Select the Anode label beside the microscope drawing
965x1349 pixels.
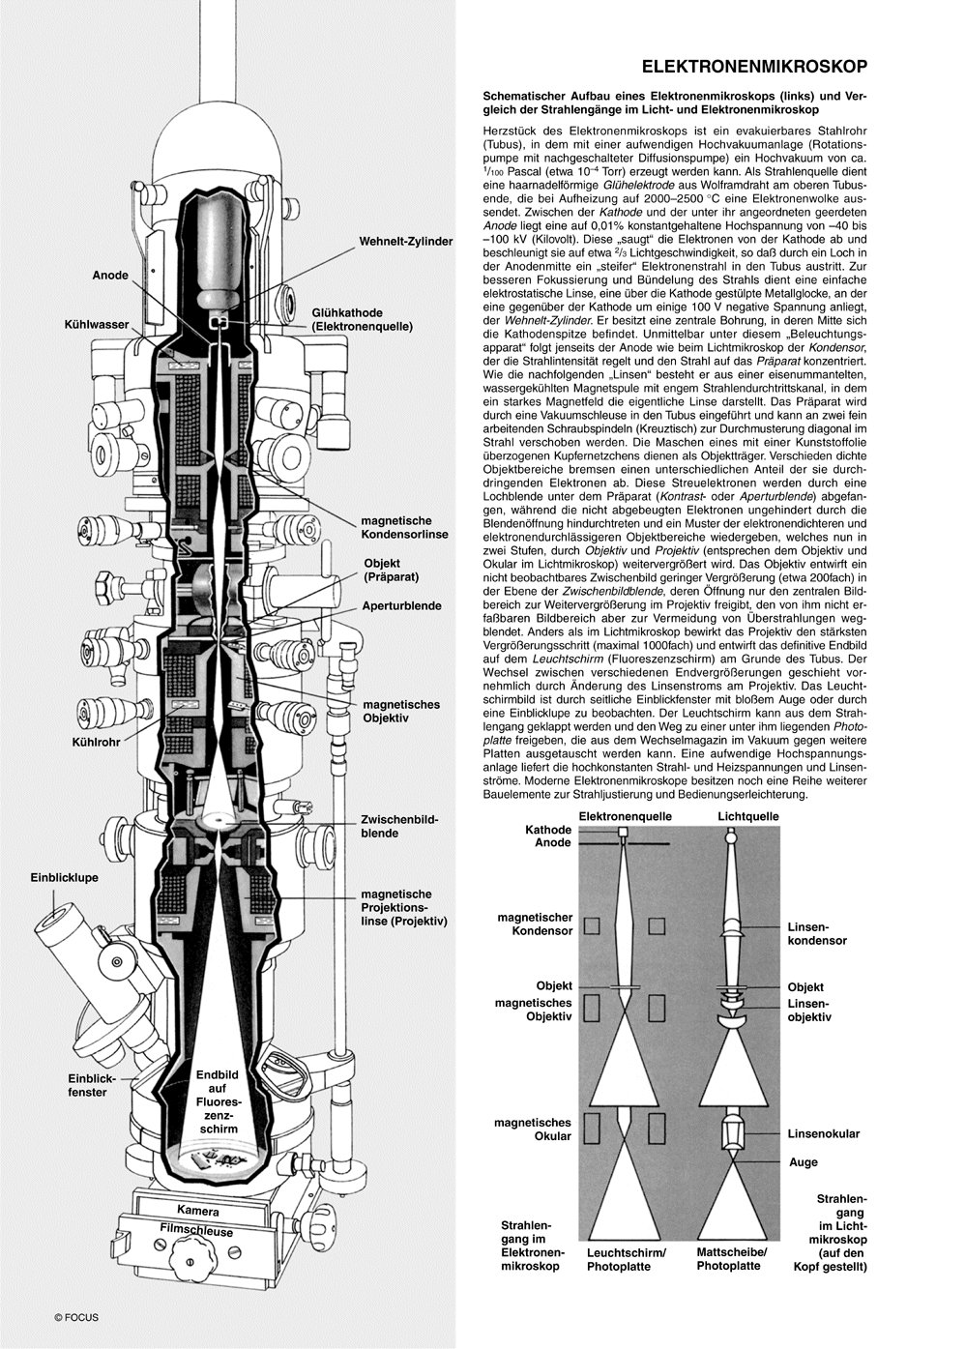tap(110, 276)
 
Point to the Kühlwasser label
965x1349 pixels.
tap(97, 325)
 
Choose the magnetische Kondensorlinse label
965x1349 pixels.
tap(404, 527)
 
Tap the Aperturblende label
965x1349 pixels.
tap(402, 606)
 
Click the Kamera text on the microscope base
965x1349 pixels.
tap(197, 1211)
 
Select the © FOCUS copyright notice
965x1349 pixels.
tap(76, 1316)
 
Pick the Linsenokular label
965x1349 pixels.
tap(823, 1133)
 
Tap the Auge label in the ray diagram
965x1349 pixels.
tap(803, 1162)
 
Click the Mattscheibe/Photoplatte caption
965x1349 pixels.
tap(731, 1258)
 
